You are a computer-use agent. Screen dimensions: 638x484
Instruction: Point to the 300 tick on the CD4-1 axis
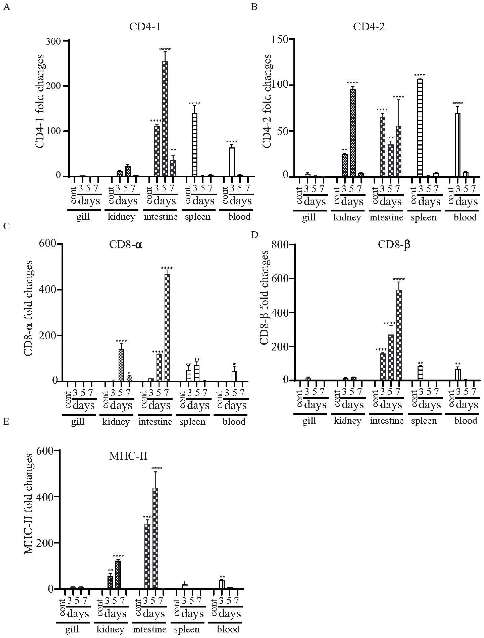coord(53,41)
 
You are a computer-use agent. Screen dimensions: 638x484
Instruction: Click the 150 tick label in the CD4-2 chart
coord(280,39)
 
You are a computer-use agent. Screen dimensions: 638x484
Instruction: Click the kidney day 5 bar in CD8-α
coord(121,365)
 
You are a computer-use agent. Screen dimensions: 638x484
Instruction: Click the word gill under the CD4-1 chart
coord(83,216)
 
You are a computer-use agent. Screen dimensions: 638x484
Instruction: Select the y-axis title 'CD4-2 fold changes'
coord(267,101)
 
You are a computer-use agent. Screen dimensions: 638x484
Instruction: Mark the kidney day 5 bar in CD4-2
coord(353,133)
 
